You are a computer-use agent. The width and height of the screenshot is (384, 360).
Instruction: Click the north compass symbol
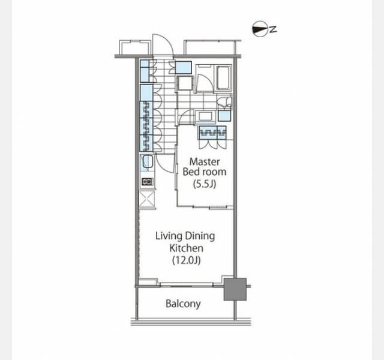coord(260,29)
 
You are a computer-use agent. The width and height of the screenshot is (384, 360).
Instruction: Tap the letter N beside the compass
coord(274,29)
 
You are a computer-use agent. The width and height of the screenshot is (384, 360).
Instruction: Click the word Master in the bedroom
coord(205,161)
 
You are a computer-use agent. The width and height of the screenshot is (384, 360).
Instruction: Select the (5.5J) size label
coord(205,184)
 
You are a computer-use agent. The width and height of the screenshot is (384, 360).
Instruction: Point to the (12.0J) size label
coord(187,260)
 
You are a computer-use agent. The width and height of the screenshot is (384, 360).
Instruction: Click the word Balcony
coord(183,304)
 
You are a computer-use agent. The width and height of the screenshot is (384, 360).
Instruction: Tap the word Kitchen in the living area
coord(187,248)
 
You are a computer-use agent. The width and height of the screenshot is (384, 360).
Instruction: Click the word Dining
coord(200,236)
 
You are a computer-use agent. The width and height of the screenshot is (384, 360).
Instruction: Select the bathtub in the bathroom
coord(223,77)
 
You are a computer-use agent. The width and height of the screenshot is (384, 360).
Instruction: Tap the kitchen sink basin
coord(148,162)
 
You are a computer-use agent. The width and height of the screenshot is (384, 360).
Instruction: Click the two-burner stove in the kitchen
coord(148,182)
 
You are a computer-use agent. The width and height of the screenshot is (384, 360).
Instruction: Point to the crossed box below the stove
coord(147,199)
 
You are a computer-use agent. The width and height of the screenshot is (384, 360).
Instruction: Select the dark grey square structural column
coord(235,289)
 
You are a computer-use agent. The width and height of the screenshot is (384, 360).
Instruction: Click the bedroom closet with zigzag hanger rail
coord(213,133)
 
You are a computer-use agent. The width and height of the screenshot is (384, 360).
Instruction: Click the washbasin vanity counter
coord(205,116)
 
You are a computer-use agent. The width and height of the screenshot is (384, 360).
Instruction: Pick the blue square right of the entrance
coord(183,68)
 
